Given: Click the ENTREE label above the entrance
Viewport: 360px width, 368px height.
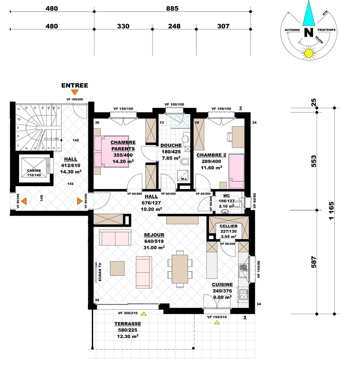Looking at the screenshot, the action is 75,86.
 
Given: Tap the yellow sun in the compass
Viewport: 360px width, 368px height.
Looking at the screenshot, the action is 309,53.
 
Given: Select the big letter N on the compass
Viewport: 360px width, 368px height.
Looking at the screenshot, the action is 309,32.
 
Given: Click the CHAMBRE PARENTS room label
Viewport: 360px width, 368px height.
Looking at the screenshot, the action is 123,146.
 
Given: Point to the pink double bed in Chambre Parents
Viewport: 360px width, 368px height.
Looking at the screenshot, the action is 112,151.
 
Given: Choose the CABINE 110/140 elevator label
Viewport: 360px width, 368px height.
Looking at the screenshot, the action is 34,173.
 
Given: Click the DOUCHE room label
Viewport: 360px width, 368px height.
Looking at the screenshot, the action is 171,146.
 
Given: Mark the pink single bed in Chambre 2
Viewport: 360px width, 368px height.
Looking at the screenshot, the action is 237,171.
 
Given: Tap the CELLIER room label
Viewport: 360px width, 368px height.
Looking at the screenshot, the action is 229,226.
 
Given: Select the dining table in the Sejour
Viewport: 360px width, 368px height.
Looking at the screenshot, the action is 180,269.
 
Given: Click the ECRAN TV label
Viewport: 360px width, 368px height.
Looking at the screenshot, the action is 100,272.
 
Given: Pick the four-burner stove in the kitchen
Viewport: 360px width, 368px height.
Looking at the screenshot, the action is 244,295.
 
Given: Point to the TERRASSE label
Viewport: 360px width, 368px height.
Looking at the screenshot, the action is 128,324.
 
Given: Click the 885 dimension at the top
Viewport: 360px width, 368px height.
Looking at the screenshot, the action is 172,9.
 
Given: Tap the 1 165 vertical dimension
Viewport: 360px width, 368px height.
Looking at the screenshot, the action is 331,211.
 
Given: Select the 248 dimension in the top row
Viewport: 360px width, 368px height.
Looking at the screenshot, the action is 174,26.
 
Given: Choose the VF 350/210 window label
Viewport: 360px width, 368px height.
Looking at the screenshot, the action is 128,313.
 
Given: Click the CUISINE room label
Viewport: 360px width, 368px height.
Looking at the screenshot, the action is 223,285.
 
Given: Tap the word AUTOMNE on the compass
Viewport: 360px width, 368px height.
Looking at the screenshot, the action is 292,30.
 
